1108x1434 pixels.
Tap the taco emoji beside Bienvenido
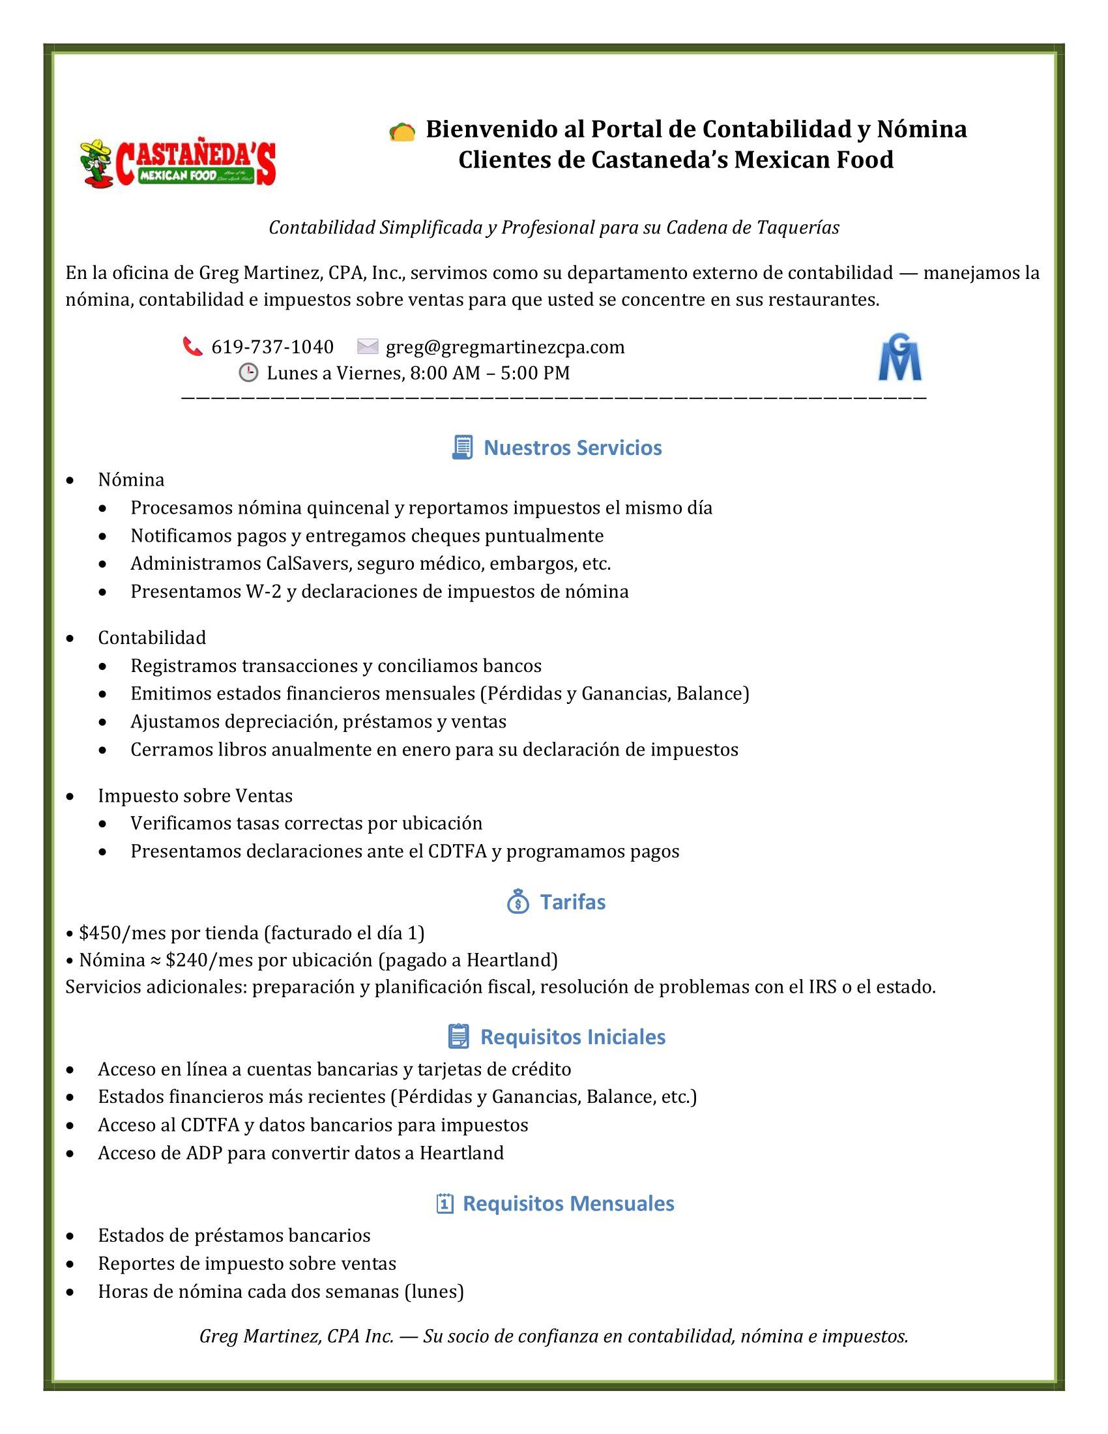tap(401, 132)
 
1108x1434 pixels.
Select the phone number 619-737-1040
tap(272, 347)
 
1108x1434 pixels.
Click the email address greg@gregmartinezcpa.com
tap(504, 347)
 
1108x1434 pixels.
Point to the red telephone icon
tap(192, 346)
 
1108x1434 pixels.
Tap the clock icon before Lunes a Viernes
tap(248, 372)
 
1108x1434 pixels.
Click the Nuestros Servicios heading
tap(572, 448)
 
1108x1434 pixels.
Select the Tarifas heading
tap(572, 901)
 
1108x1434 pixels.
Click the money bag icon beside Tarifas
tap(518, 901)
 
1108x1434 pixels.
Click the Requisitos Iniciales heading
tap(572, 1036)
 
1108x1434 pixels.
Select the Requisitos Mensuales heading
tap(568, 1203)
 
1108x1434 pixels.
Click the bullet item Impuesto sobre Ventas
tap(195, 795)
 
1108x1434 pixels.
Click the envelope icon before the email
tap(368, 346)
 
